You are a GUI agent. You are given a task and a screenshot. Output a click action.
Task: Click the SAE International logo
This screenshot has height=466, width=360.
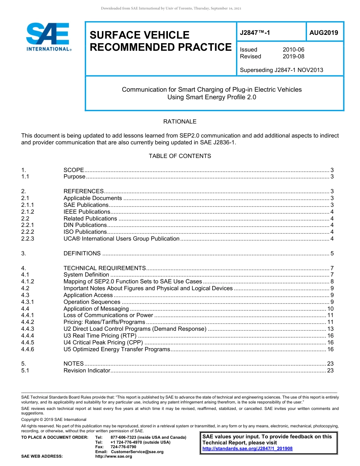pyautogui.click(x=48, y=37)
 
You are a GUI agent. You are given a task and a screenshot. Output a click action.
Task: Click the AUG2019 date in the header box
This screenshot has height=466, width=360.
pyautogui.click(x=324, y=33)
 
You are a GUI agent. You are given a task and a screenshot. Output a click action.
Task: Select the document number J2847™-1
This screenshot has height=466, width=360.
pyautogui.click(x=255, y=33)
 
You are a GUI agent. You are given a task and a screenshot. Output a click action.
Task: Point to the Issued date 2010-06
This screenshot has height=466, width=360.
pyautogui.click(x=293, y=50)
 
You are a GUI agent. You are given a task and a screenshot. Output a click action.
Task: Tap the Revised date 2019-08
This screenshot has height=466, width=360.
pyautogui.click(x=293, y=56)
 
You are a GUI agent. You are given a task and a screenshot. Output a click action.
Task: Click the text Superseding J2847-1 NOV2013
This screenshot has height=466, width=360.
pyautogui.click(x=282, y=70)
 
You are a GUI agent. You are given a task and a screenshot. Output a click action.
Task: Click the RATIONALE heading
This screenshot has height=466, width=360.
pyautogui.click(x=180, y=122)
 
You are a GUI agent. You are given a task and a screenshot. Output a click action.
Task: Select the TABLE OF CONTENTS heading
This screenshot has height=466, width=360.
pyautogui.click(x=180, y=156)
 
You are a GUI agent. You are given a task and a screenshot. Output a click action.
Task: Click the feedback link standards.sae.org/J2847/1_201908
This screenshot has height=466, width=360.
pyautogui.click(x=247, y=449)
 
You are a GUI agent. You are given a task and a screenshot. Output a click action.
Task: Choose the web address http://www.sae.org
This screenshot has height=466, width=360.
pyautogui.click(x=113, y=457)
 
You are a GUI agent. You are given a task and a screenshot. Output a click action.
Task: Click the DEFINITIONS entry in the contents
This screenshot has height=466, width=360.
pyautogui.click(x=82, y=253)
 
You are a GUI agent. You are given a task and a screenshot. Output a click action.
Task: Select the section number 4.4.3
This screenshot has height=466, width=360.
pyautogui.click(x=28, y=329)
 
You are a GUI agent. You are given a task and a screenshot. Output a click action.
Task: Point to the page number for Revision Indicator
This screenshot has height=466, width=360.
pyautogui.click(x=330, y=371)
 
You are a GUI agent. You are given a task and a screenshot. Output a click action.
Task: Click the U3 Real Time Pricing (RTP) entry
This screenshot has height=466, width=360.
pyautogui.click(x=100, y=336)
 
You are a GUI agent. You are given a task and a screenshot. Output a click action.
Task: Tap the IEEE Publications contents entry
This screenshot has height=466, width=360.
pyautogui.click(x=87, y=212)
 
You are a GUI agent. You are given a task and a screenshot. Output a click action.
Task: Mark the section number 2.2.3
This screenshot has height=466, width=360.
pyautogui.click(x=28, y=239)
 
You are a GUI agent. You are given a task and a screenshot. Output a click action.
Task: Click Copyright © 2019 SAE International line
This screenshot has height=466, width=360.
pyautogui.click(x=54, y=419)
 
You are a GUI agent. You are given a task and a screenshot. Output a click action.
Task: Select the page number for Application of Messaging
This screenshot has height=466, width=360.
pyautogui.click(x=330, y=309)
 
